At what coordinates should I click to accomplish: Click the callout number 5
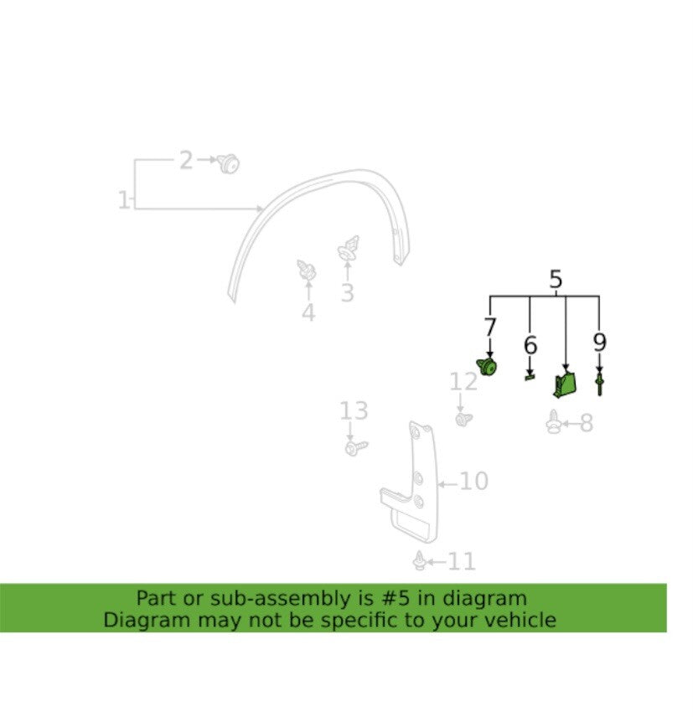pyautogui.click(x=556, y=280)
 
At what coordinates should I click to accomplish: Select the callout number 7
pyautogui.click(x=490, y=328)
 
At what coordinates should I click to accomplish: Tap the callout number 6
pyautogui.click(x=530, y=345)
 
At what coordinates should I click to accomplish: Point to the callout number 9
pyautogui.click(x=599, y=342)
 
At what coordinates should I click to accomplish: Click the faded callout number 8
pyautogui.click(x=587, y=423)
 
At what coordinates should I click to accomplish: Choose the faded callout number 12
pyautogui.click(x=463, y=381)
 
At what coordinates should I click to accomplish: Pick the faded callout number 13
pyautogui.click(x=354, y=410)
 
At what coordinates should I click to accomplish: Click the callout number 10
pyautogui.click(x=474, y=481)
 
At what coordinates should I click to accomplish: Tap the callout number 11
pyautogui.click(x=461, y=561)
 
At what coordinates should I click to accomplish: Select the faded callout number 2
pyautogui.click(x=186, y=161)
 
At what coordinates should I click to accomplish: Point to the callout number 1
pyautogui.click(x=123, y=200)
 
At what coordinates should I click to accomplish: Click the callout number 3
pyautogui.click(x=347, y=292)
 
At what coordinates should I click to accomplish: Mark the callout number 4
pyautogui.click(x=308, y=312)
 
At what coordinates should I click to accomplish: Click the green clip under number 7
pyautogui.click(x=487, y=367)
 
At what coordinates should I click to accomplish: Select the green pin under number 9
pyautogui.click(x=599, y=383)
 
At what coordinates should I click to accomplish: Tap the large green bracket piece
pyautogui.click(x=565, y=384)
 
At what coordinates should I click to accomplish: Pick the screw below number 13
pyautogui.click(x=356, y=447)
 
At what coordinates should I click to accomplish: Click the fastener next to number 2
pyautogui.click(x=228, y=163)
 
